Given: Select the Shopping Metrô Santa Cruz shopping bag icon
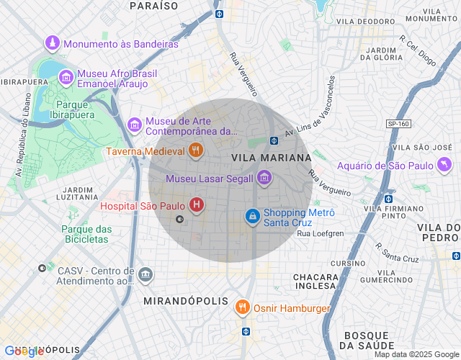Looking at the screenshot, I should click(x=252, y=216).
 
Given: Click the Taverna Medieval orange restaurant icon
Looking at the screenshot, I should click(x=195, y=151).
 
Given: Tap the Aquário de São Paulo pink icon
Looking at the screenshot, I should click(x=445, y=166).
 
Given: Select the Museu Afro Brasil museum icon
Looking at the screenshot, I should click(x=66, y=77).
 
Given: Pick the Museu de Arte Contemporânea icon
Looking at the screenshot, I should click(x=135, y=125).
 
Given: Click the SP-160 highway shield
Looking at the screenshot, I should click(x=398, y=124).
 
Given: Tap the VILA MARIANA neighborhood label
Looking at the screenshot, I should click(x=272, y=157).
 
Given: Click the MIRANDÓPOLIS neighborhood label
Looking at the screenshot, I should click(x=186, y=300).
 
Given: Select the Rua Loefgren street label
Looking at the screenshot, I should click(x=320, y=233).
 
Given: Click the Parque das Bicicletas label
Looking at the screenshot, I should click(x=86, y=234).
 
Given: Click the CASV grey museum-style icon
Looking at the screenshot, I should click(x=146, y=274).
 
